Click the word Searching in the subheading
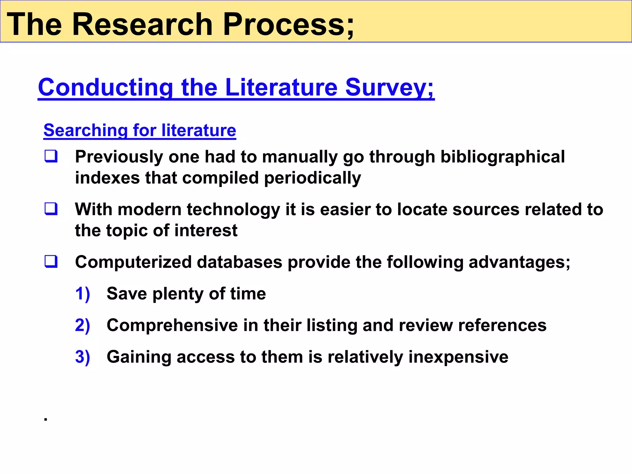point(85,130)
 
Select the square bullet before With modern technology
point(51,209)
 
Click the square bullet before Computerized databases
point(51,262)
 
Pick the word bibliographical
point(502,157)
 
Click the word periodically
point(312,178)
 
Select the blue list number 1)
point(82,293)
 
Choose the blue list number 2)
point(82,325)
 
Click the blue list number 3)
point(82,357)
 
